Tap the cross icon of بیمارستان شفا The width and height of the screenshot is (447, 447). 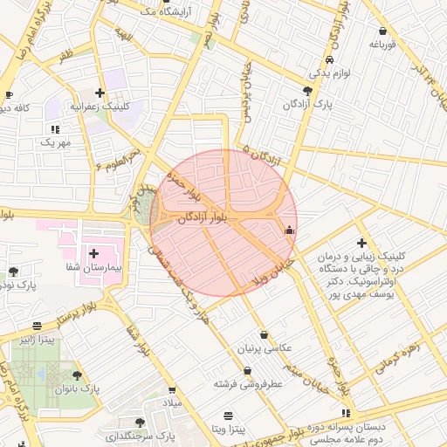tap(94, 253)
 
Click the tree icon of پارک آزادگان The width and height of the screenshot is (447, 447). tap(306, 90)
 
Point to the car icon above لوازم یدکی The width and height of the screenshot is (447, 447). tap(328, 60)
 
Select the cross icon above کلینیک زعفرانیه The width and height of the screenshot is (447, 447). tap(100, 92)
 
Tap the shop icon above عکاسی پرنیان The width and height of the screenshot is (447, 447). tap(264, 334)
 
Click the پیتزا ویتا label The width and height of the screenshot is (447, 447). tap(227, 430)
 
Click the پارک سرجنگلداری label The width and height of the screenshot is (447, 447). tap(141, 435)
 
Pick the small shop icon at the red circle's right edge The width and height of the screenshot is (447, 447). tap(290, 230)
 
